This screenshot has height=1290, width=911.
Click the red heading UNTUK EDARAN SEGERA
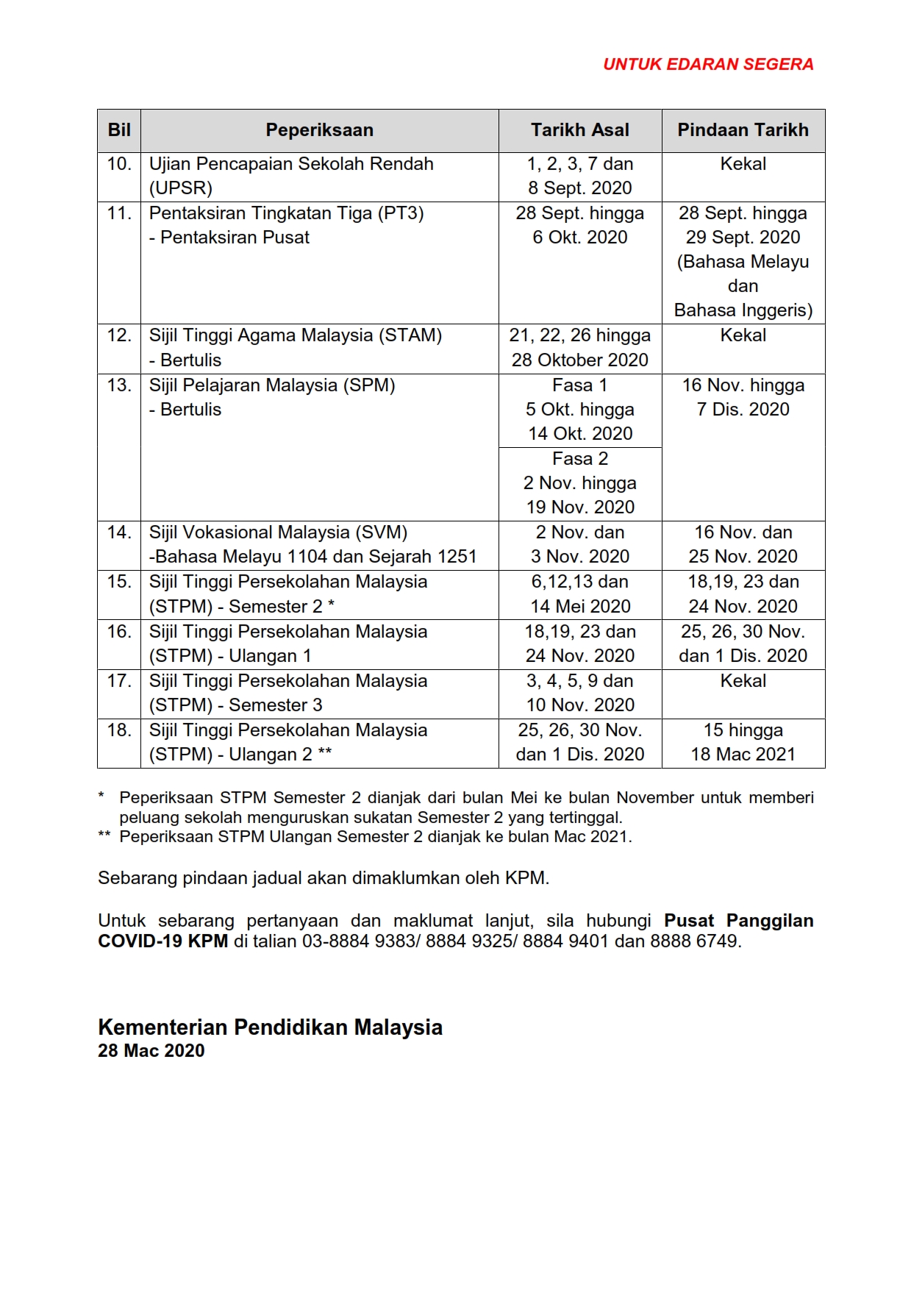pyautogui.click(x=707, y=65)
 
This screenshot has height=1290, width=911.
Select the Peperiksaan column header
pyautogui.click(x=319, y=130)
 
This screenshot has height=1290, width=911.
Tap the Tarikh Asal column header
pyautogui.click(x=580, y=130)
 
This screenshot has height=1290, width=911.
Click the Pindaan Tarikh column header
pyautogui.click(x=743, y=130)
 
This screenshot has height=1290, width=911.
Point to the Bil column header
pyautogui.click(x=119, y=130)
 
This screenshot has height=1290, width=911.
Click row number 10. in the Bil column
pyautogui.click(x=119, y=164)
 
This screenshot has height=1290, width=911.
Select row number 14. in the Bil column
pyautogui.click(x=119, y=532)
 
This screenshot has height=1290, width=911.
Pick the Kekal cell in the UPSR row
pyautogui.click(x=743, y=164)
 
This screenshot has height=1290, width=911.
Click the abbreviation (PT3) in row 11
pyautogui.click(x=401, y=213)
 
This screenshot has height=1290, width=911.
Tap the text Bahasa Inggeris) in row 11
pyautogui.click(x=743, y=310)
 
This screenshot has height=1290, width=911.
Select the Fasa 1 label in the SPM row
pyautogui.click(x=580, y=385)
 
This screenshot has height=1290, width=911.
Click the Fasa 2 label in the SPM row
pyautogui.click(x=580, y=459)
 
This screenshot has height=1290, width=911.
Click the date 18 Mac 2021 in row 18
pyautogui.click(x=743, y=755)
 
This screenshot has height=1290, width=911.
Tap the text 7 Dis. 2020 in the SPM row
pyautogui.click(x=743, y=410)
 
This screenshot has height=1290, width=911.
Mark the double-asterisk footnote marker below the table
pyautogui.click(x=104, y=836)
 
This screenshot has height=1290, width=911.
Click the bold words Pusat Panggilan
pyautogui.click(x=738, y=921)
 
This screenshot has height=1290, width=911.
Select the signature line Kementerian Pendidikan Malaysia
pyautogui.click(x=270, y=1027)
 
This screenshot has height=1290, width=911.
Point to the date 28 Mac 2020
pyautogui.click(x=151, y=1051)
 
